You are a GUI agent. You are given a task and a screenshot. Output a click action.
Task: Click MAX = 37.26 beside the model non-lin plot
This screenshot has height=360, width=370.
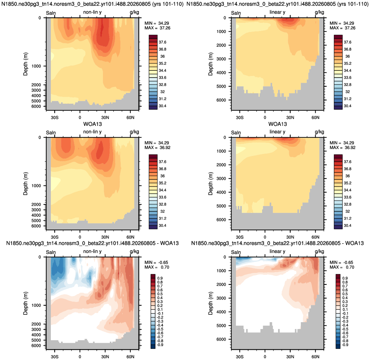pos(157,28)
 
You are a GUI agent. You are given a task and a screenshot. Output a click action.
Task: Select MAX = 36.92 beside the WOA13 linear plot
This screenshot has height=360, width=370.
pos(342,148)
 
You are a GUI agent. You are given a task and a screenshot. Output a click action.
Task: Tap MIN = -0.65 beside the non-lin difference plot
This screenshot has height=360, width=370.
pos(157,262)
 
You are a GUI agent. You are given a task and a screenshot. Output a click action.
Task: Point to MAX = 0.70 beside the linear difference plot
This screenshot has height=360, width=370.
pos(342,267)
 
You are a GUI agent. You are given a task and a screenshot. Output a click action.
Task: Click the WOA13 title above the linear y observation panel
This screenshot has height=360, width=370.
pos(277,124)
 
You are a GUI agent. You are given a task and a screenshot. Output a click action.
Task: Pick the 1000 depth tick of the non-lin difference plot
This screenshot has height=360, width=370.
pos(36,305)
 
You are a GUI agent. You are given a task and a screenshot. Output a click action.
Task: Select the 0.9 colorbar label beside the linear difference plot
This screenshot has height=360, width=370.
pos(345,278)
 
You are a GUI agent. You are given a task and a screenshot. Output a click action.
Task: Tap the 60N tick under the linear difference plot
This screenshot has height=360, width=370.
pos(316,357)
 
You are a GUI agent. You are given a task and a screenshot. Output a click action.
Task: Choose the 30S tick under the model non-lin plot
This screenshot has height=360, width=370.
pos(54,118)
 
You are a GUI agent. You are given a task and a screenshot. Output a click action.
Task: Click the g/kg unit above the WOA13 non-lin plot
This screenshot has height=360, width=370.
pos(134,132)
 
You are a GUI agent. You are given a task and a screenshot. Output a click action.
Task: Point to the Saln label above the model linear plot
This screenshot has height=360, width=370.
pos(236,13)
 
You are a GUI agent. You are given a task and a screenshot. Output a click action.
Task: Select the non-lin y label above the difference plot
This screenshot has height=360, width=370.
pos(92,251)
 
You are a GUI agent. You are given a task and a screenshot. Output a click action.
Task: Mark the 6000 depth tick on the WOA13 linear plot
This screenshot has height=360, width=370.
pos(221,220)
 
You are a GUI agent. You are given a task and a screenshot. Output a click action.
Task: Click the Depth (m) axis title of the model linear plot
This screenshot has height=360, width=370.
pos(211,64)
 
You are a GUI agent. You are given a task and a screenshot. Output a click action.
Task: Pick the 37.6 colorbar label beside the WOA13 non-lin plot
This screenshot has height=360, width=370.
pos(162,162)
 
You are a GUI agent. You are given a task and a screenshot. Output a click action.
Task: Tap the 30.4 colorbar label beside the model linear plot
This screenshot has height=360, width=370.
pos(348,106)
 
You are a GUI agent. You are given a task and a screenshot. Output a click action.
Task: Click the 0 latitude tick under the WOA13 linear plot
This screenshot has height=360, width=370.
pos(265,237)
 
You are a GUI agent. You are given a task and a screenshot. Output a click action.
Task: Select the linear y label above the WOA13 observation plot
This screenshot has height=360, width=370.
pos(277,132)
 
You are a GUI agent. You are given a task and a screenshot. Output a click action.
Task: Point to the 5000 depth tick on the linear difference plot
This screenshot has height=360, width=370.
pos(221,325)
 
